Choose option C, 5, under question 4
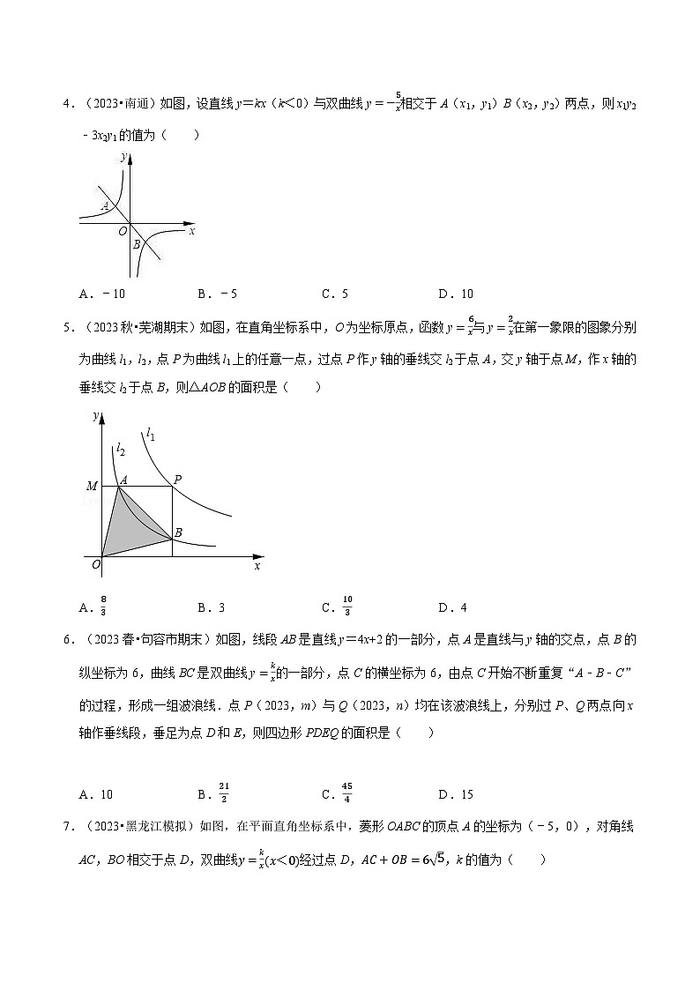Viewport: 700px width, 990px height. (x=336, y=294)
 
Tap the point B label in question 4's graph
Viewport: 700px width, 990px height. (x=137, y=244)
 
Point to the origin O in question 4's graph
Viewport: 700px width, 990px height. (x=123, y=231)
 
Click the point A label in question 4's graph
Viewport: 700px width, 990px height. (x=105, y=206)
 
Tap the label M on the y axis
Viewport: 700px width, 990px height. (x=91, y=486)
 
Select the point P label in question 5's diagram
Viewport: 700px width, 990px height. (x=177, y=480)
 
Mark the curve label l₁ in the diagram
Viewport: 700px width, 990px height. (x=151, y=433)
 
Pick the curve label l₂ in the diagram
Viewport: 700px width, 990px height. (x=120, y=449)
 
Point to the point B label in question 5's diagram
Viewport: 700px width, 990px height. (x=178, y=533)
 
